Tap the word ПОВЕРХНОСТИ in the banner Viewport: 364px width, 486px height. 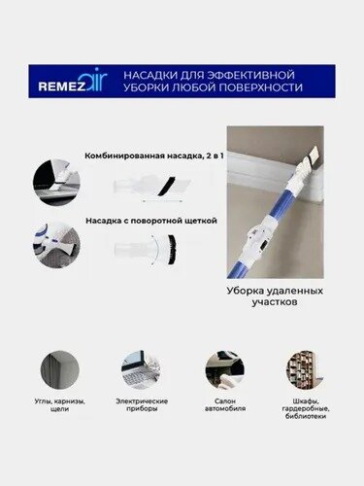[261, 88]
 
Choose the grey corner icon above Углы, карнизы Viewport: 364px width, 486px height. [59, 369]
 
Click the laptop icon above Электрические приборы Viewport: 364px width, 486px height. [141, 369]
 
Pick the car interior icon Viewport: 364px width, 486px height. [223, 369]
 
